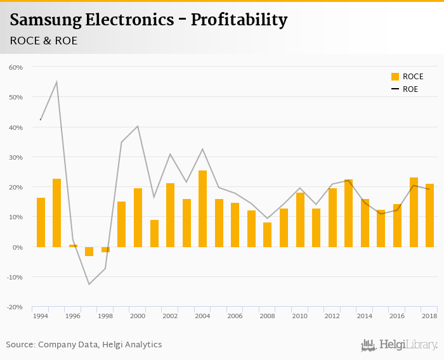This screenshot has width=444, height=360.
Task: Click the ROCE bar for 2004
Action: [x=202, y=209]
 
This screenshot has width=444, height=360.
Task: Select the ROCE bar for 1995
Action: [x=56, y=212]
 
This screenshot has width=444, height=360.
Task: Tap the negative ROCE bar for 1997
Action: [x=89, y=251]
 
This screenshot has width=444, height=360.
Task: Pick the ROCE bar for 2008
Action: [x=267, y=235]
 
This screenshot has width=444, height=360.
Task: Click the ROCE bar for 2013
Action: [x=348, y=213]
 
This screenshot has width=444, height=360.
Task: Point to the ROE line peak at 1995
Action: [x=56, y=82]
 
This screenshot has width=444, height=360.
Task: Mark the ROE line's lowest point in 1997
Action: [x=89, y=284]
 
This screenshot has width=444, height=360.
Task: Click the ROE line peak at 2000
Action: [x=138, y=126]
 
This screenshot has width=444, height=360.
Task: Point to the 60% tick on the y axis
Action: [x=15, y=67]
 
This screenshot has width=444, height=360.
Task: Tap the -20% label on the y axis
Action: [x=14, y=307]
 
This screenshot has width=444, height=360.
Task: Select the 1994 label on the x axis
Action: [x=41, y=316]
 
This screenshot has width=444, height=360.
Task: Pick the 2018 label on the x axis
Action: [x=429, y=316]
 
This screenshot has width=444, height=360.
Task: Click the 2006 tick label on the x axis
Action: [x=235, y=316]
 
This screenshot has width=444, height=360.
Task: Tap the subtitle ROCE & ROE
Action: [x=44, y=40]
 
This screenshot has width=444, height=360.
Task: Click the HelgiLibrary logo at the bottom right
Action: [x=399, y=345]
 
